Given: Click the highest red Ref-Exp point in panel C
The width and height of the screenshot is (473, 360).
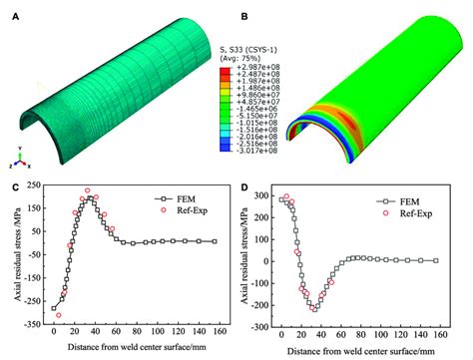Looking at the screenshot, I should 87,190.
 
